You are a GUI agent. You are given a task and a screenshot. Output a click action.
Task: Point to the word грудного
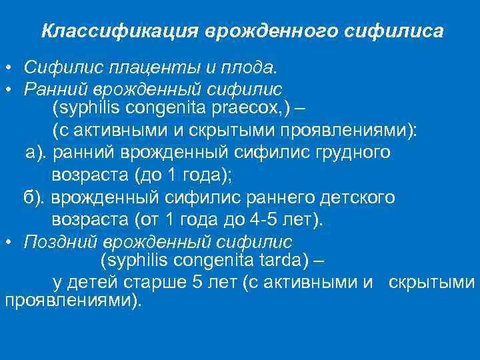tap(357, 153)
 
